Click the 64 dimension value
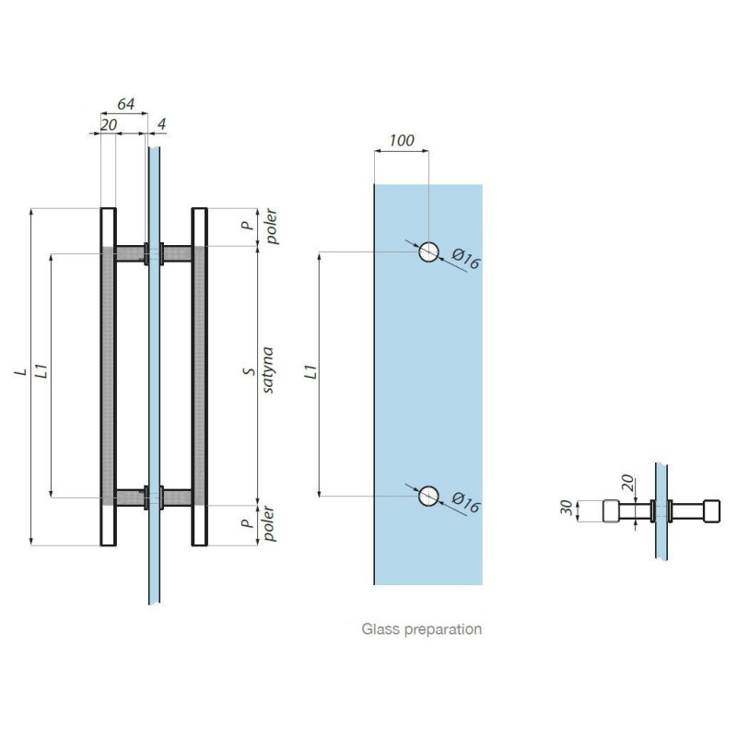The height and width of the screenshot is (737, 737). point(125,104)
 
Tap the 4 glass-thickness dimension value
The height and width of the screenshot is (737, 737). point(161,124)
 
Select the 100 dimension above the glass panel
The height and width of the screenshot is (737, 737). point(402,140)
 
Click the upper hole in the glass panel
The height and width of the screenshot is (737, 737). point(428,252)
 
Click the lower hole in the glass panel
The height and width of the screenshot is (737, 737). point(428,497)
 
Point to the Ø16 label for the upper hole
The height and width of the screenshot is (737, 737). point(466,259)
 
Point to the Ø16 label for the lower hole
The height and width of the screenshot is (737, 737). point(466,502)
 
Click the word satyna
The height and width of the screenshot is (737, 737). point(267,370)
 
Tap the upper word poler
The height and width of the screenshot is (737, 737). point(271,227)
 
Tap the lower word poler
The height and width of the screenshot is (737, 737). point(269,523)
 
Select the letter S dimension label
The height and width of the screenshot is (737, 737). point(250,371)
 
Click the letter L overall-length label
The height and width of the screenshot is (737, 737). point(20,372)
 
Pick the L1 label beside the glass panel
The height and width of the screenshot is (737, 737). point(310,371)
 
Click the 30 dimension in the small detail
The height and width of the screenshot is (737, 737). point(567,508)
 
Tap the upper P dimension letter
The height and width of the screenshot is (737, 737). point(247,225)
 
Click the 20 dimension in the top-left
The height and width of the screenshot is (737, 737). point(109,125)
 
